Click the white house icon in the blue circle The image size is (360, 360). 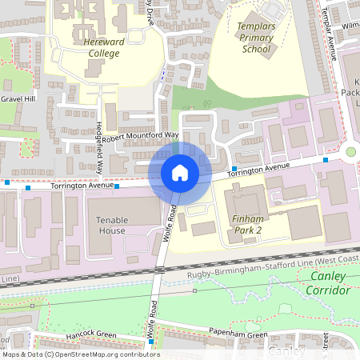[179, 173]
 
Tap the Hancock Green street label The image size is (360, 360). [91, 334]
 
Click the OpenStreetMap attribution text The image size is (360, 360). [80, 354]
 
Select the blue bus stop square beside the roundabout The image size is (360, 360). [326, 160]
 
